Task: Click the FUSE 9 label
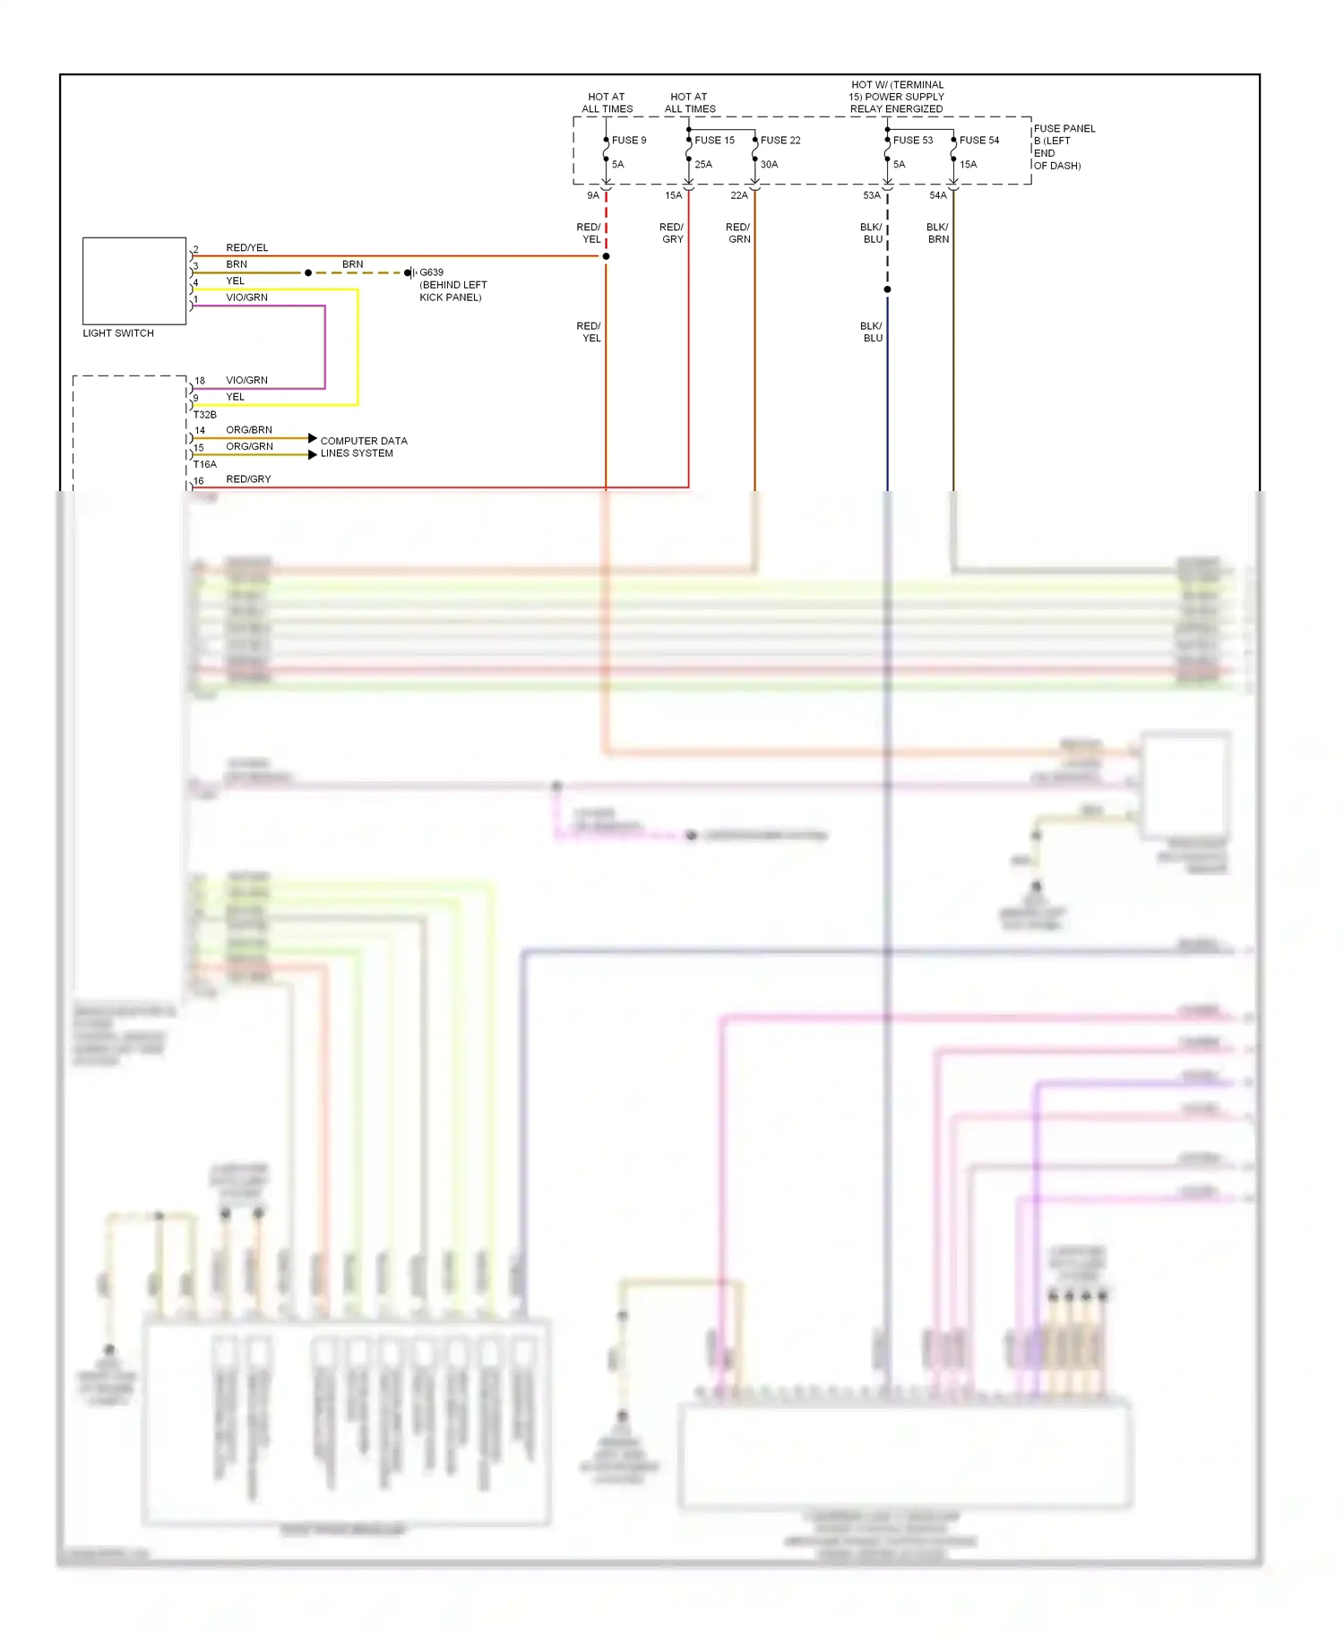(x=628, y=141)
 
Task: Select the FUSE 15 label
(x=714, y=141)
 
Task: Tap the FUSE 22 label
(x=780, y=141)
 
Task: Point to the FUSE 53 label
(x=912, y=141)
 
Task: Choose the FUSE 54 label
(x=978, y=141)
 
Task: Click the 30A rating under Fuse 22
(x=769, y=165)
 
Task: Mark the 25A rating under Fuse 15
(x=703, y=165)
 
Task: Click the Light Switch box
(x=134, y=280)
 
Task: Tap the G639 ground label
(x=431, y=272)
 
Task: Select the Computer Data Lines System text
(x=363, y=447)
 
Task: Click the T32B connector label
(x=205, y=415)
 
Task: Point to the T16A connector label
(x=205, y=464)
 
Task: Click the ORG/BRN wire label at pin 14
(x=249, y=430)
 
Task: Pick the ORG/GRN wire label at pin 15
(x=249, y=446)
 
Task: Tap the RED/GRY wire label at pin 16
(x=248, y=479)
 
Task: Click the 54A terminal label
(x=937, y=195)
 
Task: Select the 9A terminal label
(x=593, y=195)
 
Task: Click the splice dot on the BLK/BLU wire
(x=887, y=289)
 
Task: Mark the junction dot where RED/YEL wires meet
(x=606, y=256)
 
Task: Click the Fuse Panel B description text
(x=1064, y=147)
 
